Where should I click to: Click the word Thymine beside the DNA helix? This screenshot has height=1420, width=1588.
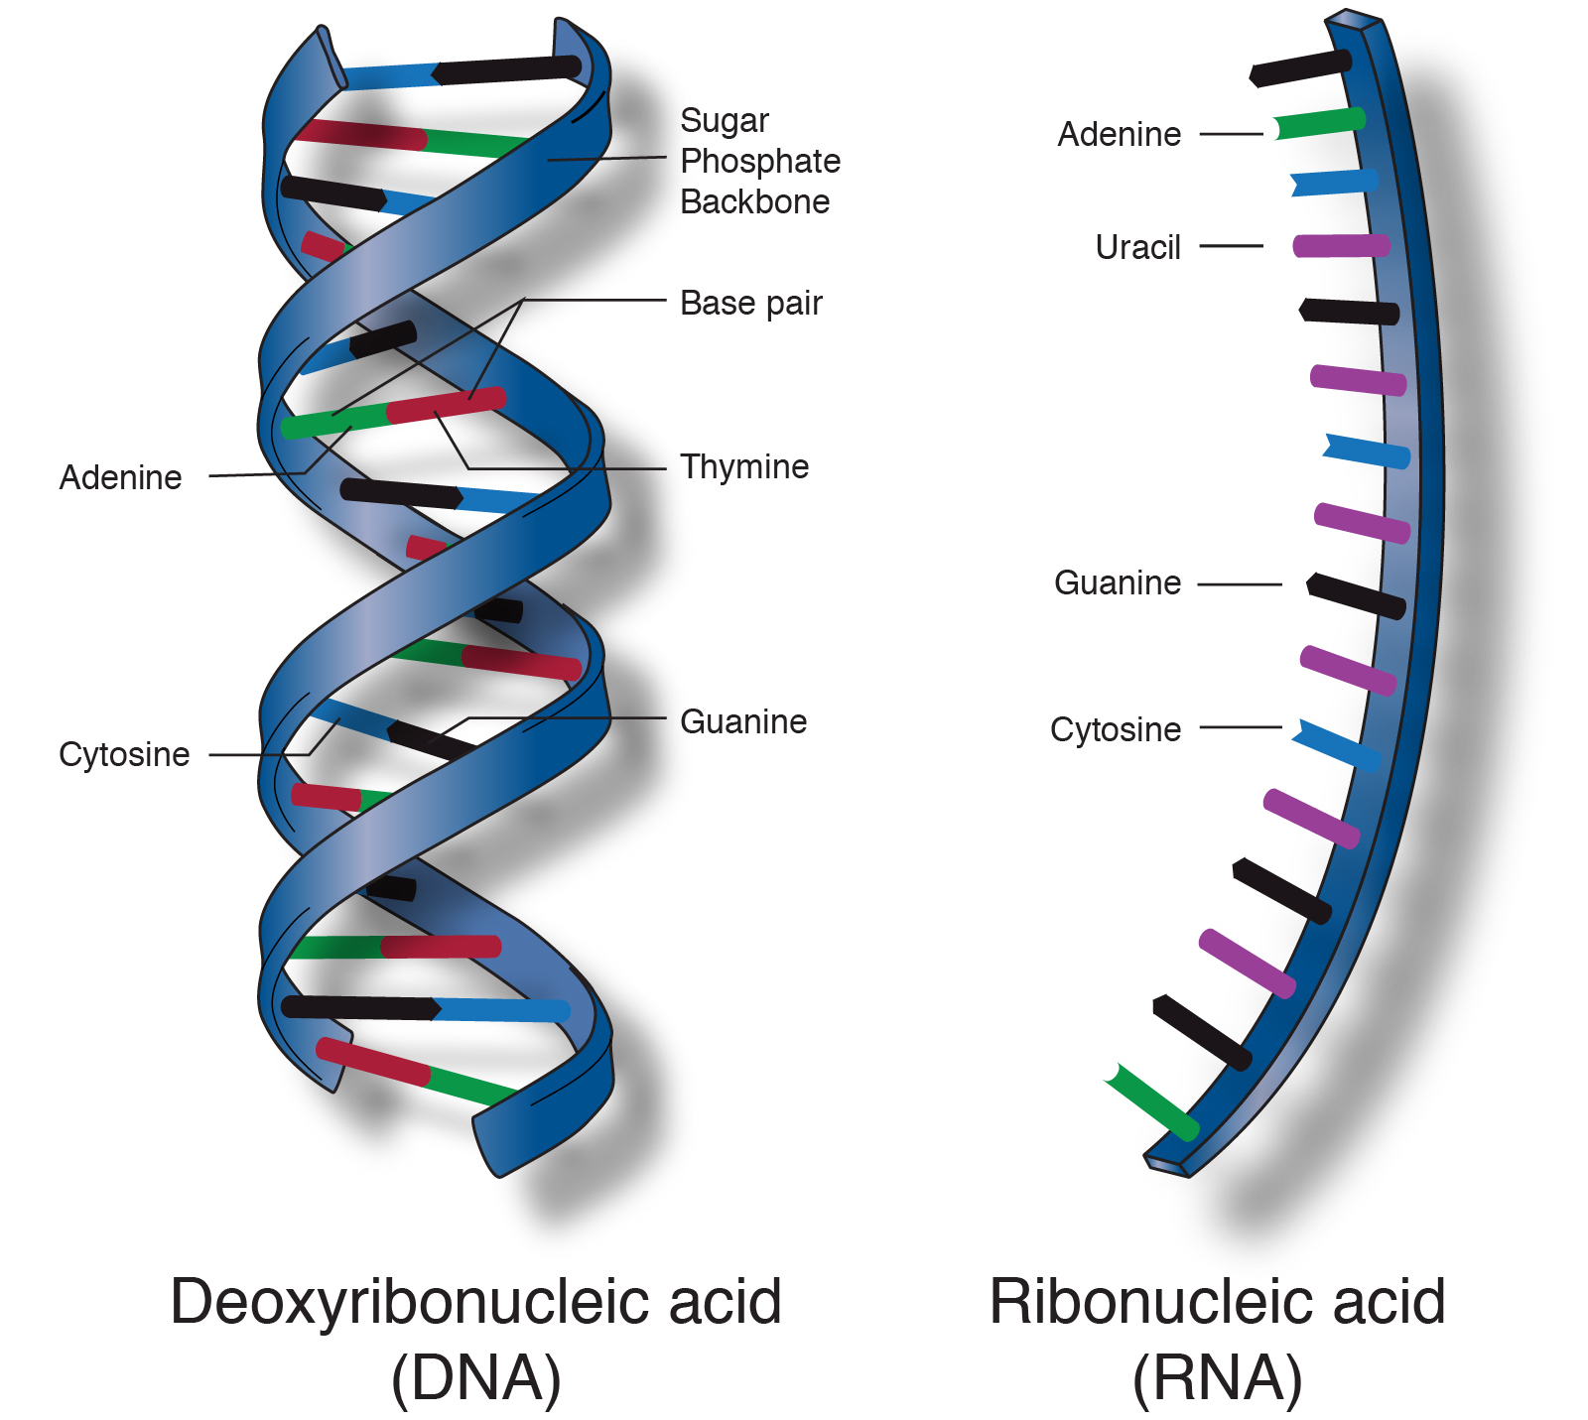pyautogui.click(x=744, y=467)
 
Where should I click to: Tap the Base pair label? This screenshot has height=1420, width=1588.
pyautogui.click(x=751, y=304)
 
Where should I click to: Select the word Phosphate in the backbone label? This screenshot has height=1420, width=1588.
pyautogui.click(x=760, y=161)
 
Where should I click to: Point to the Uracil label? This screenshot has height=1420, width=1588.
pyautogui.click(x=1137, y=247)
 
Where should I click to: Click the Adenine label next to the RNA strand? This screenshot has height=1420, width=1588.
pyautogui.click(x=1120, y=134)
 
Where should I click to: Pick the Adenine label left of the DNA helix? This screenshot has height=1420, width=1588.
pyautogui.click(x=121, y=477)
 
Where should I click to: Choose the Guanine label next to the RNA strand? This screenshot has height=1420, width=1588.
pyautogui.click(x=1118, y=582)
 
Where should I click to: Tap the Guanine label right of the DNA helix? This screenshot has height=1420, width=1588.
pyautogui.click(x=743, y=721)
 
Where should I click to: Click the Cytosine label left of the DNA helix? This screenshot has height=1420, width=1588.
pyautogui.click(x=124, y=754)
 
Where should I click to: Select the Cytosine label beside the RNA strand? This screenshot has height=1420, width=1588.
pyautogui.click(x=1116, y=729)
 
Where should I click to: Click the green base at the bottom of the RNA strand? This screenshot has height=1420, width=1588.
pyautogui.click(x=1152, y=1102)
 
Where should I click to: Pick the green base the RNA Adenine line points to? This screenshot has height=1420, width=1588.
pyautogui.click(x=1319, y=124)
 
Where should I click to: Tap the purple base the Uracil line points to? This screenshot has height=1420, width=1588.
pyautogui.click(x=1341, y=246)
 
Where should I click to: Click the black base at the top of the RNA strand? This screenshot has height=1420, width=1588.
pyautogui.click(x=1300, y=68)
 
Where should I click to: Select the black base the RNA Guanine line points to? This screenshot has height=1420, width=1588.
pyautogui.click(x=1356, y=595)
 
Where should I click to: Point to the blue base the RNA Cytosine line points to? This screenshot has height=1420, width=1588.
pyautogui.click(x=1336, y=745)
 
